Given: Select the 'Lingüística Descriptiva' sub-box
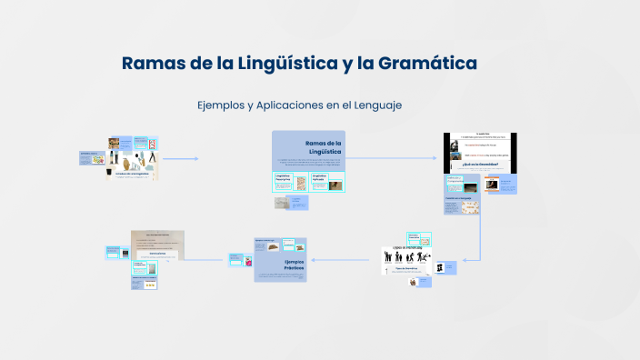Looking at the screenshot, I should [x=288, y=179].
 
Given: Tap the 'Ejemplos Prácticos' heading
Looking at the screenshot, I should [x=293, y=265].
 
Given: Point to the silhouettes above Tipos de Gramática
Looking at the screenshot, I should [x=406, y=257].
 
